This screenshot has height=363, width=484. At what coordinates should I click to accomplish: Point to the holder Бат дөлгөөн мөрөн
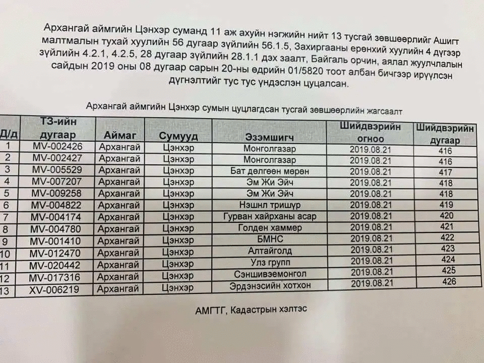pos(270,171)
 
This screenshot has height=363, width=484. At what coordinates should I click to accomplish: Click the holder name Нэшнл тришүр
pos(270,205)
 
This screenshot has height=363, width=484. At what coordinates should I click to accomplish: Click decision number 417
pos(446,172)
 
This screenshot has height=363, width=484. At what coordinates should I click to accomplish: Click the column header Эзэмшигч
pos(270,137)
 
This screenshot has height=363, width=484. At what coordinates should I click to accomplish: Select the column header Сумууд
pos(178,136)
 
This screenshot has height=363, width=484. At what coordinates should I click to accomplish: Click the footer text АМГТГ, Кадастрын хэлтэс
pos(251,310)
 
